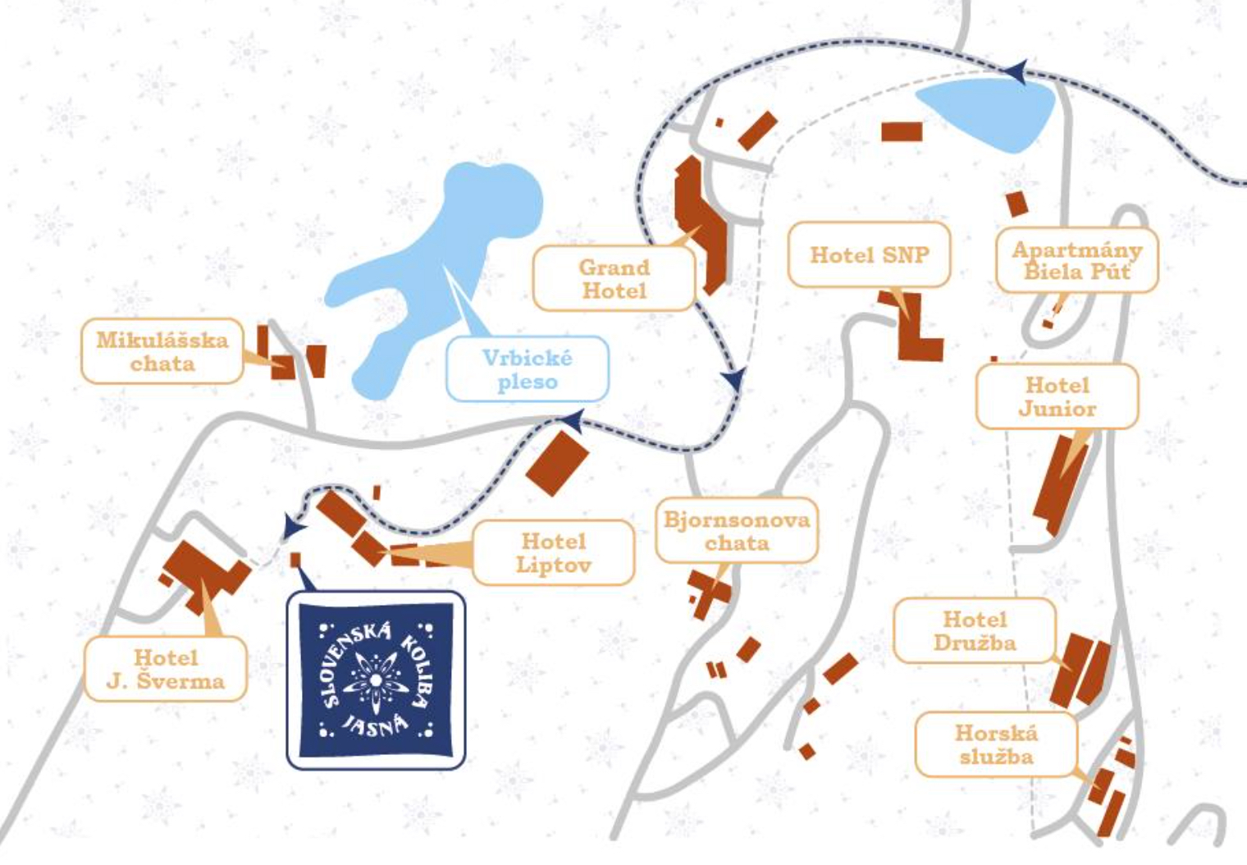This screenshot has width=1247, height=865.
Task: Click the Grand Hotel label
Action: (x=614, y=279)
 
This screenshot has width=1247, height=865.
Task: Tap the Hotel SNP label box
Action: (x=869, y=254)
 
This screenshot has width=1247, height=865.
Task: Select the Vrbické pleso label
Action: (x=527, y=369)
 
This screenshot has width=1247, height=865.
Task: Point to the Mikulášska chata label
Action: (x=162, y=351)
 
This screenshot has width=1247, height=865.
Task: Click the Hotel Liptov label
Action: (x=553, y=552)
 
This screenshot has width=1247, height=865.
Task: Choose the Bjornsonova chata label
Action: (x=736, y=530)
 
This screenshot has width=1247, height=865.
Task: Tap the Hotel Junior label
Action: (x=1057, y=396)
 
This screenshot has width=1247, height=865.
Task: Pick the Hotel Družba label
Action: (x=974, y=630)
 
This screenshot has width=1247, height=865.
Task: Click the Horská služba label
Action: (x=995, y=744)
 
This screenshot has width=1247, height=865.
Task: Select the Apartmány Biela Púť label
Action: (x=1076, y=261)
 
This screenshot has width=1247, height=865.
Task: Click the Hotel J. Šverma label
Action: (x=165, y=669)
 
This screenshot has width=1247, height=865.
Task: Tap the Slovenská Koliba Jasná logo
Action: (x=376, y=680)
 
